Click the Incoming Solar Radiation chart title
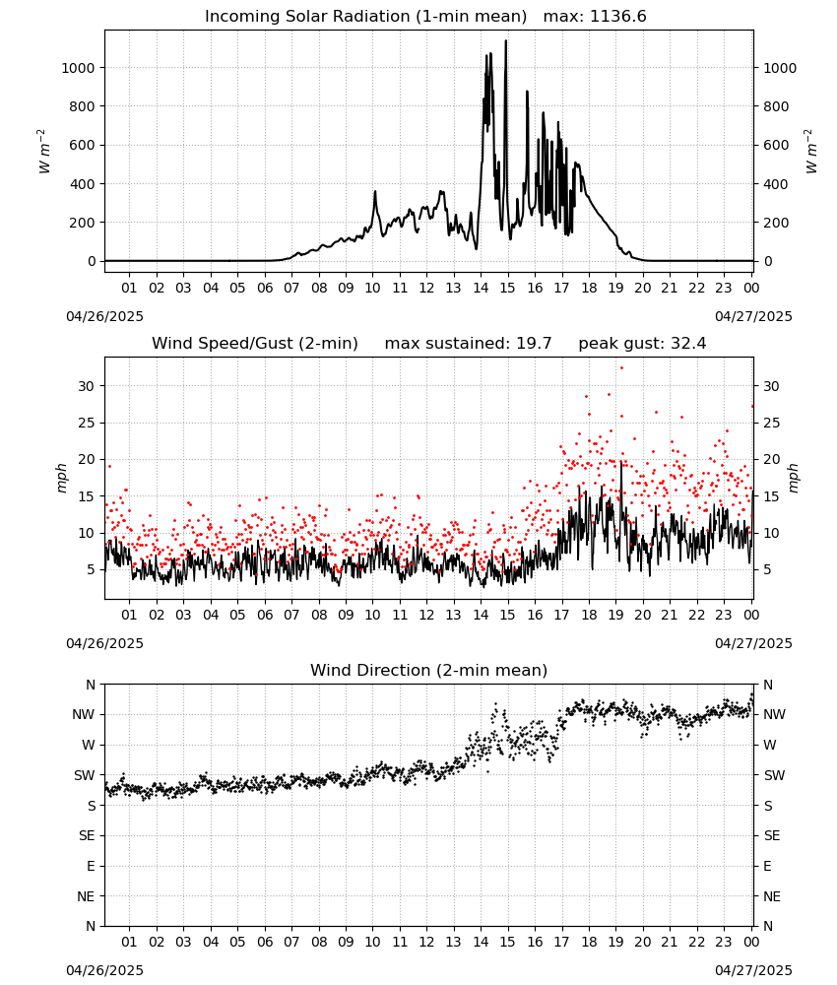click(x=365, y=17)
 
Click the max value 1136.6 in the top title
click(x=617, y=17)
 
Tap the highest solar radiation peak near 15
click(x=506, y=41)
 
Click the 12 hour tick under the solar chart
click(x=426, y=288)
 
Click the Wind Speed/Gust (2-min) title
click(x=255, y=344)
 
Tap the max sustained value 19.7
click(x=535, y=344)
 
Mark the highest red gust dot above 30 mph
click(x=621, y=368)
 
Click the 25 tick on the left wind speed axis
click(x=86, y=423)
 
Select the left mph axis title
click(x=61, y=478)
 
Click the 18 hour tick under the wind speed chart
click(x=588, y=615)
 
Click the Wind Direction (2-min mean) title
click(x=429, y=670)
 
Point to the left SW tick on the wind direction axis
click(x=84, y=775)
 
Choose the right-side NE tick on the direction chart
click(x=772, y=896)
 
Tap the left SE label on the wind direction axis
click(x=87, y=835)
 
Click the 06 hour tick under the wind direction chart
click(x=265, y=942)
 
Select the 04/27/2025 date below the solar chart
click(x=753, y=316)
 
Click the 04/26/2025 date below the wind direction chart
click(x=104, y=970)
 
